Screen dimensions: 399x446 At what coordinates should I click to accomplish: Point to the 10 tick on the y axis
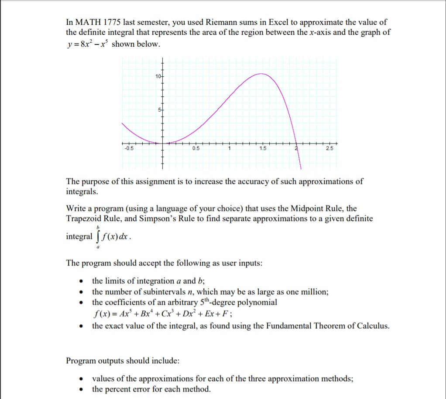click(158, 77)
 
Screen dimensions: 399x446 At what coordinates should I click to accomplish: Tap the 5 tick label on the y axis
click(159, 109)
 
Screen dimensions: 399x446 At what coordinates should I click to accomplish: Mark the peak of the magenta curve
click(261, 74)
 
